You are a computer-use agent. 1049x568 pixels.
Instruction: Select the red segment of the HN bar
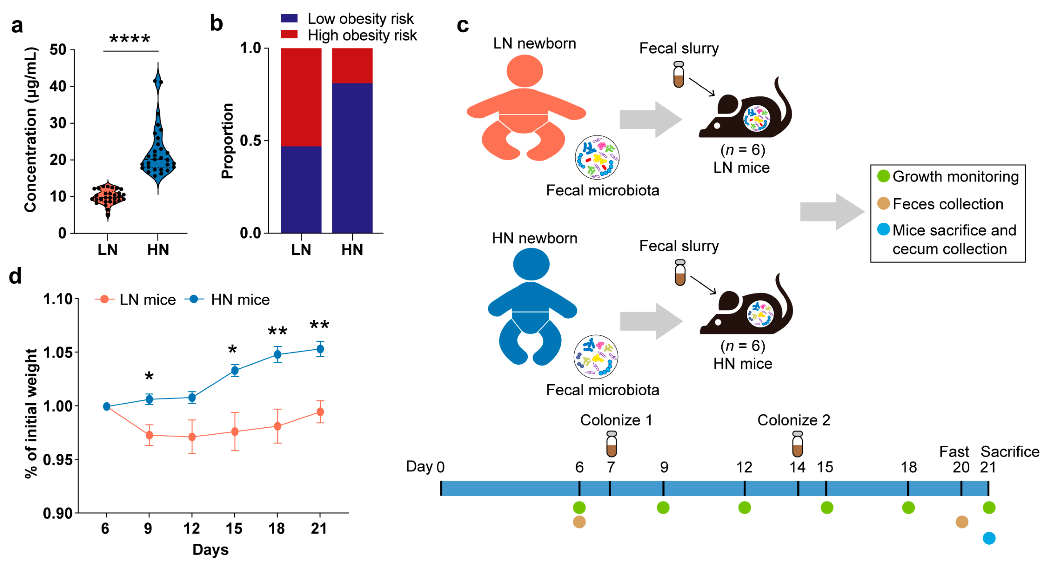tap(352, 65)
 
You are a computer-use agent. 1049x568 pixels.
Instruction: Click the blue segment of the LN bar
tap(301, 189)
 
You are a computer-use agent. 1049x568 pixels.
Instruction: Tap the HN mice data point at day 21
tap(320, 349)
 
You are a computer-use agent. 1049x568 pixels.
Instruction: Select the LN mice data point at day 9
tap(149, 435)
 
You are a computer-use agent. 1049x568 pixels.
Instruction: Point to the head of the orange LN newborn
tap(524, 71)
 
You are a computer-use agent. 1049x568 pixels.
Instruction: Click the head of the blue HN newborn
tap(531, 264)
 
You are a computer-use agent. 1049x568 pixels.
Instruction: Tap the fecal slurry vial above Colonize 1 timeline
tap(611, 444)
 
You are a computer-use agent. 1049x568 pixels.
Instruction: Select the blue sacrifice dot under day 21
tap(989, 538)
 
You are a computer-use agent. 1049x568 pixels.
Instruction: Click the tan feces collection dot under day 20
tap(961, 522)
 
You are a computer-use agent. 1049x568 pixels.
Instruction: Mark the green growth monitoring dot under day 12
tap(744, 508)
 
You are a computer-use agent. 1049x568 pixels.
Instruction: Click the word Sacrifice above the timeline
tap(1010, 452)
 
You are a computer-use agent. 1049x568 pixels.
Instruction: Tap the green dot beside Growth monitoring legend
tap(883, 176)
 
